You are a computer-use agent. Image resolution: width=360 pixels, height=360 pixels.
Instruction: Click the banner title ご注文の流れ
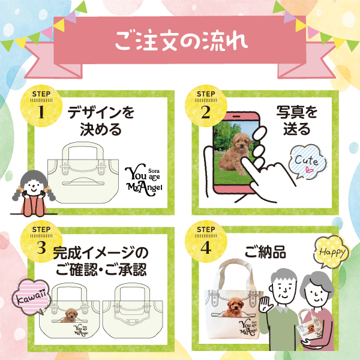click(181, 41)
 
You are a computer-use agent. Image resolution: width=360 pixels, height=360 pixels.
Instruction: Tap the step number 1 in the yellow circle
click(41, 112)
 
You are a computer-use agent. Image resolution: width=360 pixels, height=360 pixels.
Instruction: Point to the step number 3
click(41, 247)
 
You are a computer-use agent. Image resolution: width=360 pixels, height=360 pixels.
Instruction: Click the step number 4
click(206, 247)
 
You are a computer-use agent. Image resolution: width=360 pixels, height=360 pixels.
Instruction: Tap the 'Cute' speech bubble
click(307, 161)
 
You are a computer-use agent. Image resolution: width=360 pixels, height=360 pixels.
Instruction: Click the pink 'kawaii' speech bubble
click(31, 296)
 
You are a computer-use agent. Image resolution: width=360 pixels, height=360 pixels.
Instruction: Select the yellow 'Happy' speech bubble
click(332, 252)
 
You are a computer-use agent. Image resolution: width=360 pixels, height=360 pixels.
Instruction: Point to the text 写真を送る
click(296, 121)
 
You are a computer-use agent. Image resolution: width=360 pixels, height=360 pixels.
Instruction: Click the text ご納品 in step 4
click(265, 252)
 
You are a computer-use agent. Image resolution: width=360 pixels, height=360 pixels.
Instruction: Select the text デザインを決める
click(101, 121)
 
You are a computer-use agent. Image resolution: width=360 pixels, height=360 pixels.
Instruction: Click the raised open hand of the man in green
click(266, 304)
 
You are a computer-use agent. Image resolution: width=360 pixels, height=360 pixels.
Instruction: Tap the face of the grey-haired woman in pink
click(316, 293)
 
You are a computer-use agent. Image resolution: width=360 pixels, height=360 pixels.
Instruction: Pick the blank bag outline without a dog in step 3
click(133, 310)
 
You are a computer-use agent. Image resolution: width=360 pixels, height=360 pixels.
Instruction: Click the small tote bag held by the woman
click(310, 326)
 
